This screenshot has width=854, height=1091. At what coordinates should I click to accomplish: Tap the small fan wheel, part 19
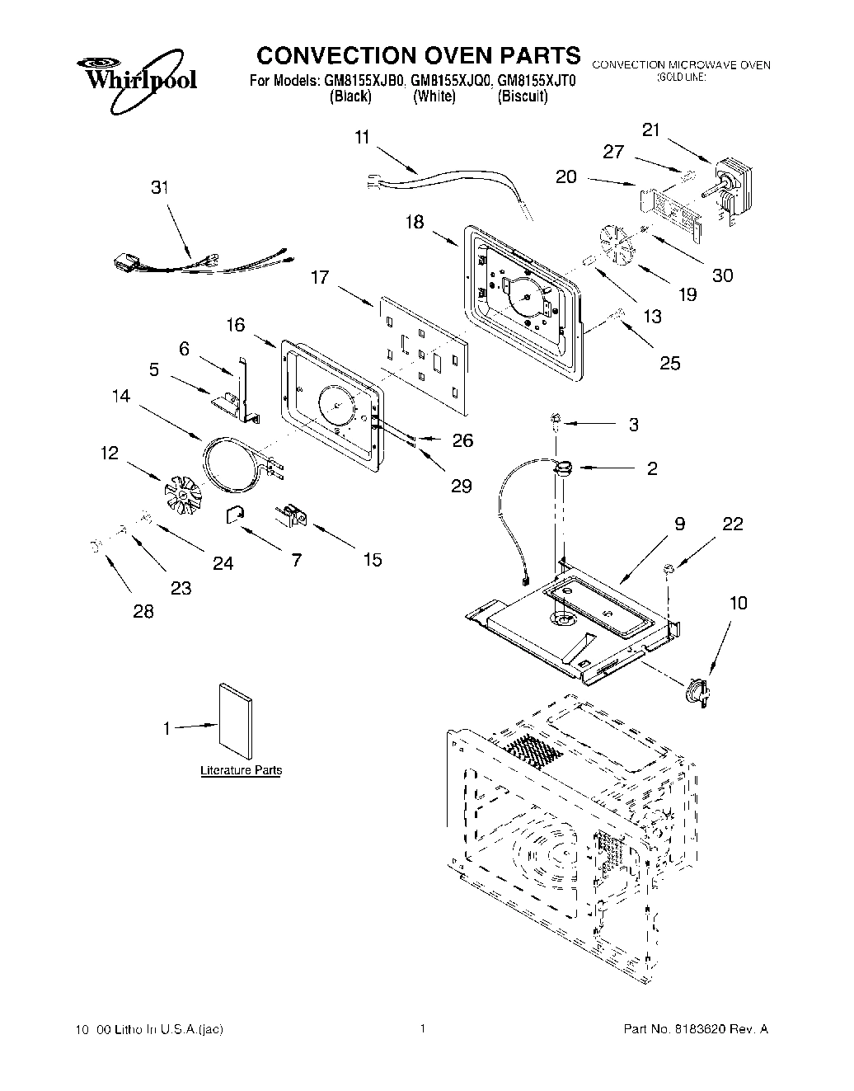618,244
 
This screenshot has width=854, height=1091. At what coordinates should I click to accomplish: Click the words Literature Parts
242,770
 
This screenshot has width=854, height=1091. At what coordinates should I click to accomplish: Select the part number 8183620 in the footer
701,1029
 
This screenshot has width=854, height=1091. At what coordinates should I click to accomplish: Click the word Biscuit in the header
523,96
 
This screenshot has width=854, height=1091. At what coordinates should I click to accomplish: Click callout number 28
143,612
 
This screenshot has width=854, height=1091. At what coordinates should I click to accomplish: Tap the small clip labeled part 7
234,515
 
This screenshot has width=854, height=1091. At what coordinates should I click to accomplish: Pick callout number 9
679,524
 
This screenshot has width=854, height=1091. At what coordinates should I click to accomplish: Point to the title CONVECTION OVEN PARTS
419,55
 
